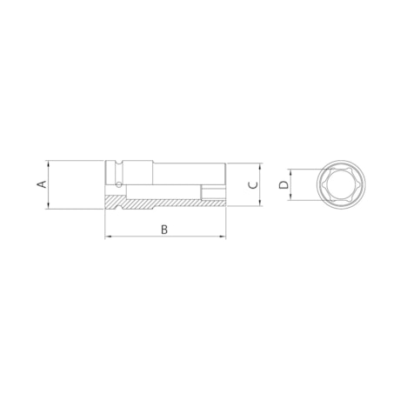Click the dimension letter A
click(39, 184)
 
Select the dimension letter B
click(163, 229)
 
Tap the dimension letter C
click(251, 184)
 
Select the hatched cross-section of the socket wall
click(157, 204)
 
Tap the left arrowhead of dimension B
click(108, 237)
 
